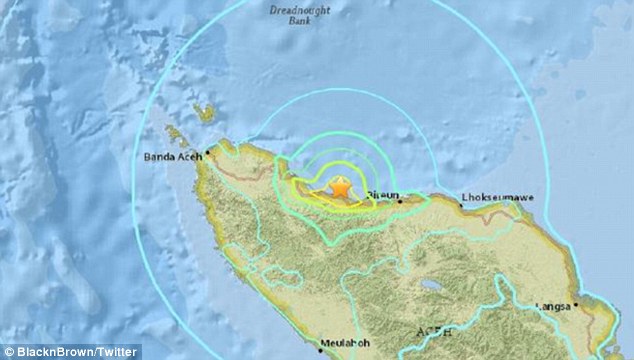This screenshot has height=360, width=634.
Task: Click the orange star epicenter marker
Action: click(341, 187)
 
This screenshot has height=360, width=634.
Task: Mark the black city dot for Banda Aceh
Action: click(207, 155)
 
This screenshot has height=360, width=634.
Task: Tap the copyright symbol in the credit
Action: click(7, 352)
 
